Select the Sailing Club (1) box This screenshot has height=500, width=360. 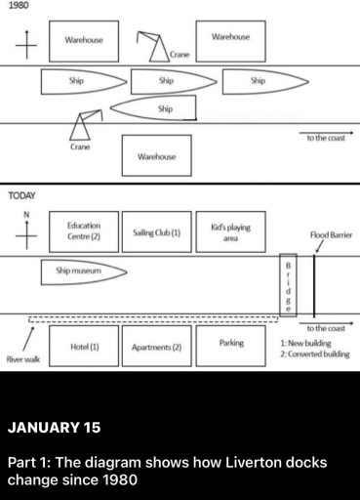coord(156,232)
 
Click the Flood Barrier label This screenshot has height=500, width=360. coord(330,235)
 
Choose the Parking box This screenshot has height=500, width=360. coord(231,345)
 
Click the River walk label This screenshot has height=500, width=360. coord(22,360)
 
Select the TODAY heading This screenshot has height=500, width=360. coord(22,196)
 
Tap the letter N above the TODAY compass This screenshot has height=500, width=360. coord(25,214)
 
